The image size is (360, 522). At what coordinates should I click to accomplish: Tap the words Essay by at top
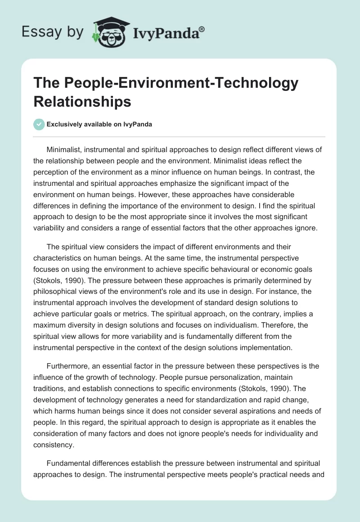[x=53, y=32]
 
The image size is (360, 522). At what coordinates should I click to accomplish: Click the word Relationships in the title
[x=82, y=101]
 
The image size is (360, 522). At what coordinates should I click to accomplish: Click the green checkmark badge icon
[x=39, y=124]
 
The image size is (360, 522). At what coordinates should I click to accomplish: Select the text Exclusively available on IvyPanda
[x=100, y=125]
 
